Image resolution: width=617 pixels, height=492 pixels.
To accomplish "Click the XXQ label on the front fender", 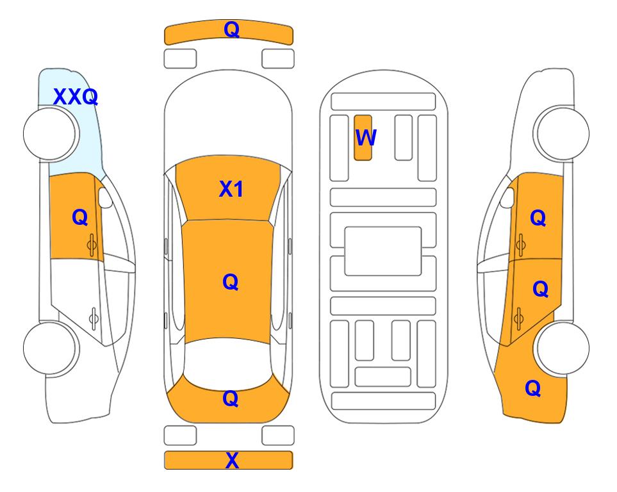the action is tap(76, 97).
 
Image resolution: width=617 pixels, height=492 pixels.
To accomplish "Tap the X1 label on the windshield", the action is tap(231, 189).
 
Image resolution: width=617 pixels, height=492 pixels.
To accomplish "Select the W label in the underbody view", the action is tap(366, 137).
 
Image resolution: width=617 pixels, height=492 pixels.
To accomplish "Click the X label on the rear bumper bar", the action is tap(232, 460).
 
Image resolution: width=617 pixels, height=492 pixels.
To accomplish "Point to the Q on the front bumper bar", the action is tap(231, 29).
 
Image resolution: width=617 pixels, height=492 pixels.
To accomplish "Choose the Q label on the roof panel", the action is tap(230, 282).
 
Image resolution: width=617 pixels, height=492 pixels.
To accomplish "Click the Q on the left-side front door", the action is tap(80, 217).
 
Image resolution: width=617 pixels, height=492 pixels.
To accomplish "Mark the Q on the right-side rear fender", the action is tap(533, 388).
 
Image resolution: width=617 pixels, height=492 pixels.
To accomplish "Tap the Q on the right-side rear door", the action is tap(540, 289).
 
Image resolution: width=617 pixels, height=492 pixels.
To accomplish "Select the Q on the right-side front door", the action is tap(538, 218).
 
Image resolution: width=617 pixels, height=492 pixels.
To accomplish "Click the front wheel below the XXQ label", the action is tap(51, 134).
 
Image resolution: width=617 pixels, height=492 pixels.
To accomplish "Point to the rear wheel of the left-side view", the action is tap(51, 348).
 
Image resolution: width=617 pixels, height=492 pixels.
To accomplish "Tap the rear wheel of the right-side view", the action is tap(563, 348).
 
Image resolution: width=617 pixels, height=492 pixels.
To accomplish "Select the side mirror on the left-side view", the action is tap(104, 197).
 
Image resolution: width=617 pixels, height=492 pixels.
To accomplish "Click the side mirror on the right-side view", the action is tap(507, 197).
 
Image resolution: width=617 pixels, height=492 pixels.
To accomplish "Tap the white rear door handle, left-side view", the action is tap(94, 318).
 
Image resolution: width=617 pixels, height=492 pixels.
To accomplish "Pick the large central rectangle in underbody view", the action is tap(383, 251).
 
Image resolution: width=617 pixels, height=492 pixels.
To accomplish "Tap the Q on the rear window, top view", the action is tap(230, 398).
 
